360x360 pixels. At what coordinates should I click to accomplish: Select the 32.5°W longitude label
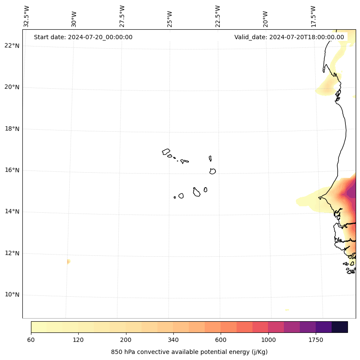pyautogui.click(x=27, y=16)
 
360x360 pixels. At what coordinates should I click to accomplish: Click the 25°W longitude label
pyautogui.click(x=170, y=19)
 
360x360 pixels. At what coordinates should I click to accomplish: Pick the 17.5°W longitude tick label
pyautogui.click(x=313, y=16)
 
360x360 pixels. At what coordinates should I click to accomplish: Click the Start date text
pyautogui.click(x=83, y=37)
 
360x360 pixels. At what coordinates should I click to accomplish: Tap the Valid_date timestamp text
pyautogui.click(x=289, y=37)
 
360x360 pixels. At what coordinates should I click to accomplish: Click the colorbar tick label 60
pyautogui.click(x=31, y=340)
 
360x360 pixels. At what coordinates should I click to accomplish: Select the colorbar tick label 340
pyautogui.click(x=173, y=340)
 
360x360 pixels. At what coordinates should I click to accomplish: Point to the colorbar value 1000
pyautogui.click(x=268, y=340)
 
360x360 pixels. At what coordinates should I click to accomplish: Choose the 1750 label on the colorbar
pyautogui.click(x=316, y=340)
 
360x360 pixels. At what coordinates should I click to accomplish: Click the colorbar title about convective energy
pyautogui.click(x=189, y=352)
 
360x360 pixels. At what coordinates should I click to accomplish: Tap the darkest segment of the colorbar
pyautogui.click(x=340, y=327)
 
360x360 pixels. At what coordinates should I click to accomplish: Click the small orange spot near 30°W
pyautogui.click(x=68, y=261)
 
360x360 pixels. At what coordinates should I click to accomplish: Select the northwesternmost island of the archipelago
pyautogui.click(x=166, y=152)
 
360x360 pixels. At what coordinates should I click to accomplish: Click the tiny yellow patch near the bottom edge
pyautogui.click(x=287, y=310)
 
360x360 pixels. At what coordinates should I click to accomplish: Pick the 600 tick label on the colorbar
pyautogui.click(x=221, y=340)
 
